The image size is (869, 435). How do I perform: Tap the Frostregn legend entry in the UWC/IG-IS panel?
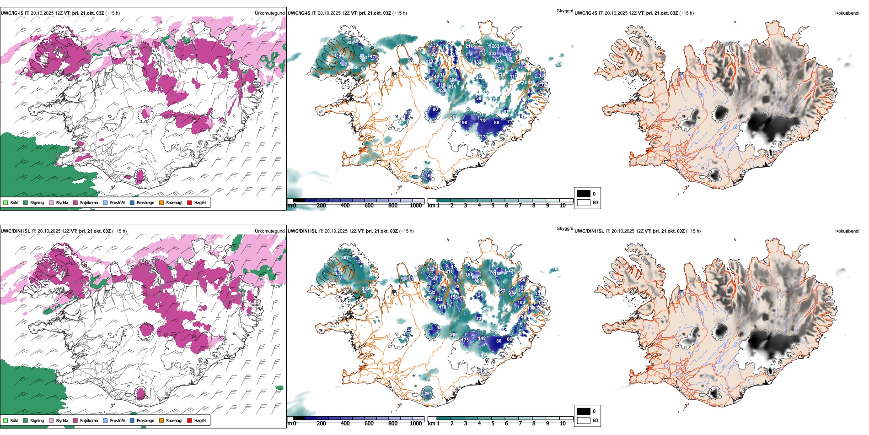tap(145, 202)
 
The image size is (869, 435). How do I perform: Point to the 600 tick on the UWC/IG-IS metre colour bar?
tap(369, 206)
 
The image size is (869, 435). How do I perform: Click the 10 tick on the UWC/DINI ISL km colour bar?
tap(563, 424)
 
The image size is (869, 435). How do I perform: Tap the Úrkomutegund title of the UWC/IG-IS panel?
tap(269, 13)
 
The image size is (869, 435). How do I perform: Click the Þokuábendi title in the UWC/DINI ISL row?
tap(847, 231)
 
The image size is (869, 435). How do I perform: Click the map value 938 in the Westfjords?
tap(350, 43)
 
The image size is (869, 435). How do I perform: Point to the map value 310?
tap(498, 61)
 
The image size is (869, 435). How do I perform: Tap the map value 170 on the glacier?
tap(484, 137)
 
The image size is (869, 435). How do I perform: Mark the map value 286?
tap(454, 335)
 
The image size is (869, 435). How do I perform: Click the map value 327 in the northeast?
tap(512, 270)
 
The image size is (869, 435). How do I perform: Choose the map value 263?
tap(495, 46)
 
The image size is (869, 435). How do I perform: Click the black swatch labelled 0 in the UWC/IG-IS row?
tap(584, 194)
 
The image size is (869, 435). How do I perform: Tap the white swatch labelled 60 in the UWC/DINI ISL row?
tap(584, 420)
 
